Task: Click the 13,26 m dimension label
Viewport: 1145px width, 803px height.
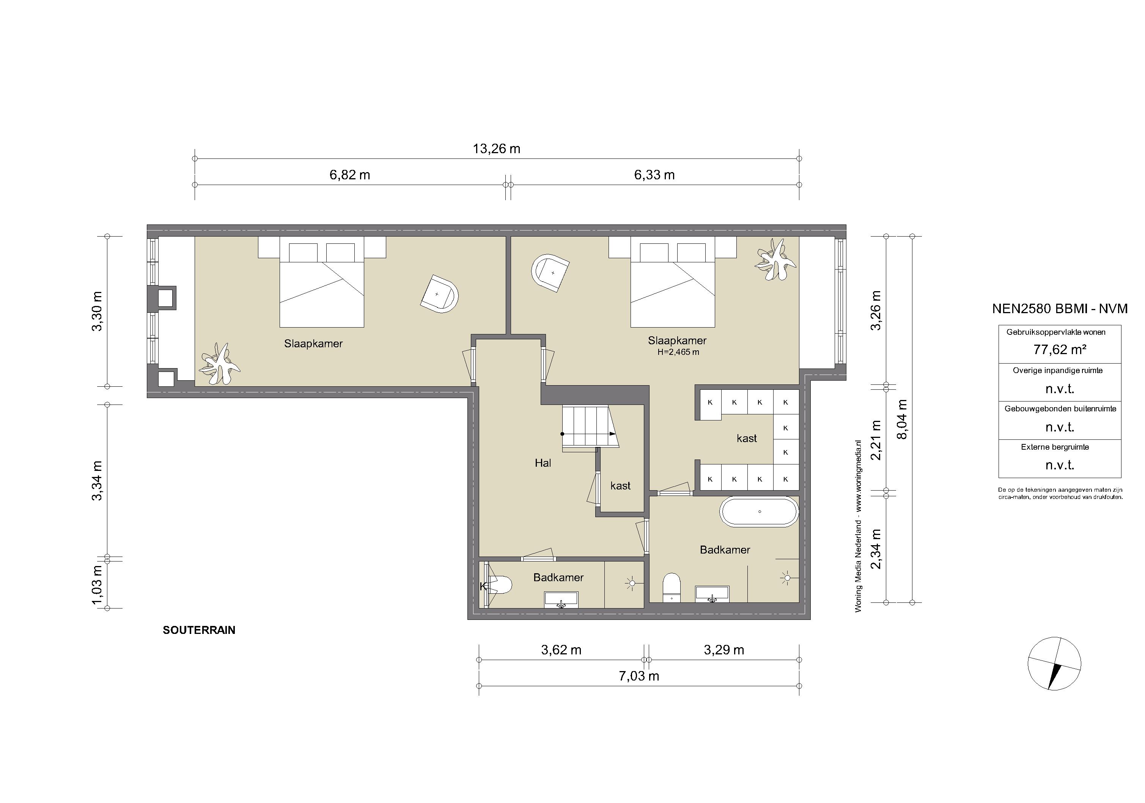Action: [496, 149]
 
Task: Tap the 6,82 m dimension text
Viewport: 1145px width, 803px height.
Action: [349, 175]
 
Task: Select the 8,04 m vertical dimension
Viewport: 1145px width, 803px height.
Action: [902, 419]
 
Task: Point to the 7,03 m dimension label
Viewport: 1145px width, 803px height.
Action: [639, 676]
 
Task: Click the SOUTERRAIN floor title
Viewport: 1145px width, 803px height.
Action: [199, 630]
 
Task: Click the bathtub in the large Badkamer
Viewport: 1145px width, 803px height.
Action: [760, 511]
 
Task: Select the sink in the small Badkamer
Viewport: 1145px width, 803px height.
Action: [561, 600]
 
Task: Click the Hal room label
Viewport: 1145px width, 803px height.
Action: [543, 463]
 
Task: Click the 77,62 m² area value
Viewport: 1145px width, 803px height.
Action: [1060, 350]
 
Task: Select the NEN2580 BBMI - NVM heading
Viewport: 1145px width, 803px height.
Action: [1060, 309]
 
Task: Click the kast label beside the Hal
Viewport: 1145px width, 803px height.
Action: [620, 486]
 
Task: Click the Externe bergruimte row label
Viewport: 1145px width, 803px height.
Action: [1055, 447]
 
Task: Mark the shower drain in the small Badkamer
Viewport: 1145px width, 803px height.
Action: [631, 583]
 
